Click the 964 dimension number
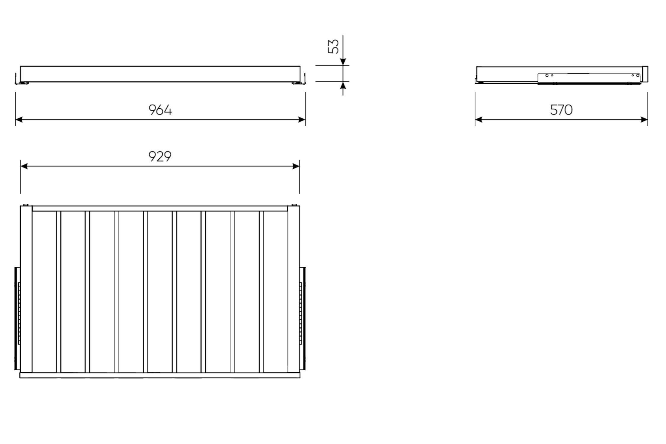click(160, 110)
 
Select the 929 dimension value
click(160, 156)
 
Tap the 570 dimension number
click(561, 110)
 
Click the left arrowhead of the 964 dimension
click(19, 120)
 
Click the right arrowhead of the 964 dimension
click(302, 120)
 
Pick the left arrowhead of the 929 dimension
click(24, 166)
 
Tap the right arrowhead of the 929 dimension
click(296, 166)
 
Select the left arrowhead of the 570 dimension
click(479, 120)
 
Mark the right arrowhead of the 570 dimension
click(644, 120)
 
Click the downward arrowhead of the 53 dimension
click(343, 62)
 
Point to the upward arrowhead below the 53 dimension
click(343, 85)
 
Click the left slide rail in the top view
click(17, 318)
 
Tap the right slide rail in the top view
click(303, 318)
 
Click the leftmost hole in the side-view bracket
click(547, 75)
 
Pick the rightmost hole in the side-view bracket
click(638, 75)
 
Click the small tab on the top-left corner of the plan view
click(25, 205)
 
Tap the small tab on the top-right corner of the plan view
click(294, 205)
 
